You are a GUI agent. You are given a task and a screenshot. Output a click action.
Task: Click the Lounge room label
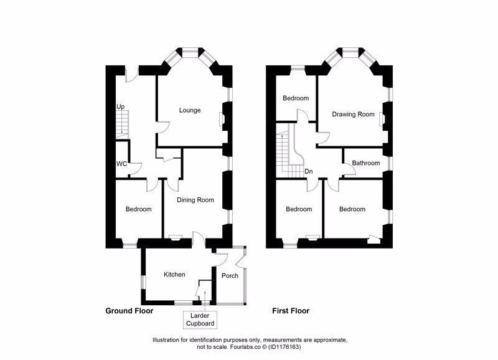coord(190,111)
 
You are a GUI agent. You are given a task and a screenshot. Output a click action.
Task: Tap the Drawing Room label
coord(353,115)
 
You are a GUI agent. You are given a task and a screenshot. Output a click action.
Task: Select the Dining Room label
coord(195,201)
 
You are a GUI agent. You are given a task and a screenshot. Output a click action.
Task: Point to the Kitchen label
coord(174,275)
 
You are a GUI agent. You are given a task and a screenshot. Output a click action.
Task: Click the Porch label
coord(230,276)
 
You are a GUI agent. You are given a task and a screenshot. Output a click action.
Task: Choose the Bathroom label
coord(365,163)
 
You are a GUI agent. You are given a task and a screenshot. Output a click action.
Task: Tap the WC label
coord(121,164)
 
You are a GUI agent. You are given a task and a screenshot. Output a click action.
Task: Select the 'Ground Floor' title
coord(129,310)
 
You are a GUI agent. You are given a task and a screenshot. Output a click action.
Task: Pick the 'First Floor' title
coord(291,310)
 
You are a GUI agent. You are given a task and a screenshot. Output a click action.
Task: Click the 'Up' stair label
coord(120,107)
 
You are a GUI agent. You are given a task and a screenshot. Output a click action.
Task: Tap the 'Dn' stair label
coord(308,172)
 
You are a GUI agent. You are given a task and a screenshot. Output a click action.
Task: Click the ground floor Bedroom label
coord(138,209)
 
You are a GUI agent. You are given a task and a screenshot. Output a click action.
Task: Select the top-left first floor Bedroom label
coord(296,98)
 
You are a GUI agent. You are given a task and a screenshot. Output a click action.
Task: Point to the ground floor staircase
coord(121,125)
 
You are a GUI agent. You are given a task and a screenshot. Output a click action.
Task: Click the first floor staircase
coord(288,153)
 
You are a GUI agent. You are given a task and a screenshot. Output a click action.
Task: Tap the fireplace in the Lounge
coord(222,118)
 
